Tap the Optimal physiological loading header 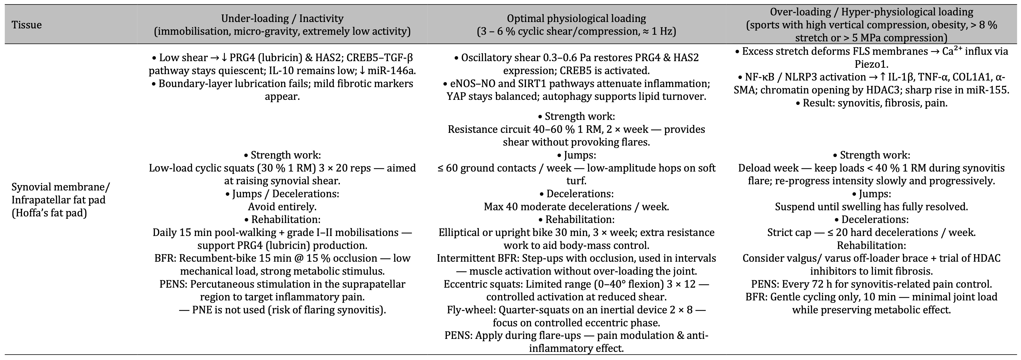576,18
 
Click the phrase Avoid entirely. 282,206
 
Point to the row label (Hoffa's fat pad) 49,213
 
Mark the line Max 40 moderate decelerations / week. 576,206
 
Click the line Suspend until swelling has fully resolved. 871,206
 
